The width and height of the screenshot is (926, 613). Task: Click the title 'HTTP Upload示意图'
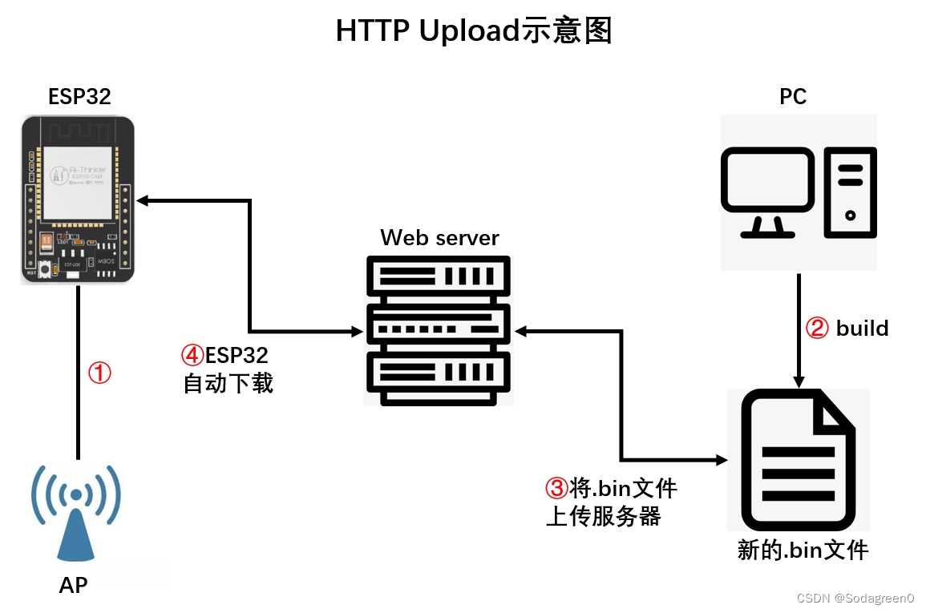tap(474, 31)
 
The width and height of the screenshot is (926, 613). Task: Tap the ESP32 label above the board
tap(79, 97)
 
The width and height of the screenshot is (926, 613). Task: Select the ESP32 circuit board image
tap(78, 199)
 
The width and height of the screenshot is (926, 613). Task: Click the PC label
tap(793, 97)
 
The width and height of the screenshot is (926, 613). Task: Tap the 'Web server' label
tap(439, 238)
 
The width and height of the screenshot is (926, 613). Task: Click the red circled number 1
tap(99, 373)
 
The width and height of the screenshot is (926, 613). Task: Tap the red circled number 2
tap(816, 329)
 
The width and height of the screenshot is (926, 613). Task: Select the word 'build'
tap(863, 329)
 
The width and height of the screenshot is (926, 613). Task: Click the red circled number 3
tap(556, 488)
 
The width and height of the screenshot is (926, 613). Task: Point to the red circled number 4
tap(193, 354)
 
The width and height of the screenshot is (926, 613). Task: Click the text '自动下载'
tap(228, 383)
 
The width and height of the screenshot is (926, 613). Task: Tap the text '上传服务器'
tap(603, 517)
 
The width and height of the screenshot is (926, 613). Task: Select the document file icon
tap(798, 459)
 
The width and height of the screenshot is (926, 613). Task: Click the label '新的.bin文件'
tap(803, 550)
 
